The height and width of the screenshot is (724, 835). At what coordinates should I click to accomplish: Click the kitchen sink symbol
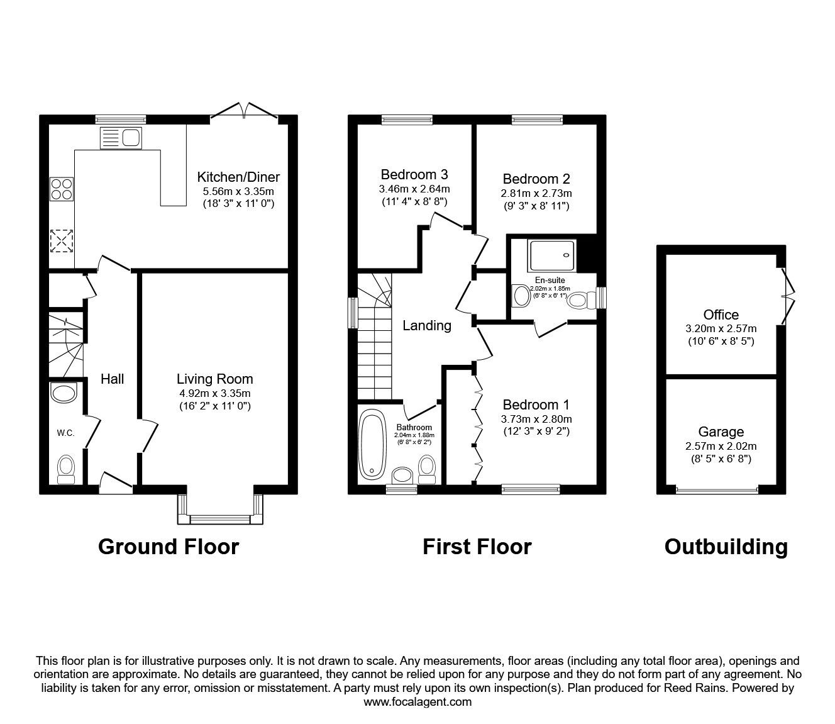120,137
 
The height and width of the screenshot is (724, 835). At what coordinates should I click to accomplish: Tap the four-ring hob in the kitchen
62,188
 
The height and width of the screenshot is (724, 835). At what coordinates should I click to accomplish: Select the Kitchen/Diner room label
238,177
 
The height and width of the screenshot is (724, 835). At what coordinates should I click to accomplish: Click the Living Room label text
214,379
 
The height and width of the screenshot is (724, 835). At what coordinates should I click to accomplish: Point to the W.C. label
65,433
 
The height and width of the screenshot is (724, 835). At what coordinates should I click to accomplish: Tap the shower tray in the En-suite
553,255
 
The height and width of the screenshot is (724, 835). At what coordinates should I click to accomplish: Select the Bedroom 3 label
414,174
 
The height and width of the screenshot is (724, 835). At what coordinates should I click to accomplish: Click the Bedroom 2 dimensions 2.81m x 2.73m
536,194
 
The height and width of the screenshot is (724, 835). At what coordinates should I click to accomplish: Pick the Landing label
427,325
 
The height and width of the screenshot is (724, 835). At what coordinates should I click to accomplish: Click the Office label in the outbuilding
721,315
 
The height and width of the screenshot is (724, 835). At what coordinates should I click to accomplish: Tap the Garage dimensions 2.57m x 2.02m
721,446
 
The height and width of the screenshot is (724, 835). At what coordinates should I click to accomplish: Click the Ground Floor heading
169,546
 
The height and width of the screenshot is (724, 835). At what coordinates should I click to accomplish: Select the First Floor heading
477,546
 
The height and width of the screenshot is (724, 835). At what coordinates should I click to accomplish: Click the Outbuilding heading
726,546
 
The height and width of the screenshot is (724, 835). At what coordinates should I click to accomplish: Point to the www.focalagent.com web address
418,701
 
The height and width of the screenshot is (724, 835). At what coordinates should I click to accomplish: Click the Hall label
113,379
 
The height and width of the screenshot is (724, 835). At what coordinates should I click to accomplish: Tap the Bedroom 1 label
536,404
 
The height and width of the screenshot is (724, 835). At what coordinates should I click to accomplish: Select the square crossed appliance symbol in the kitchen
62,241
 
